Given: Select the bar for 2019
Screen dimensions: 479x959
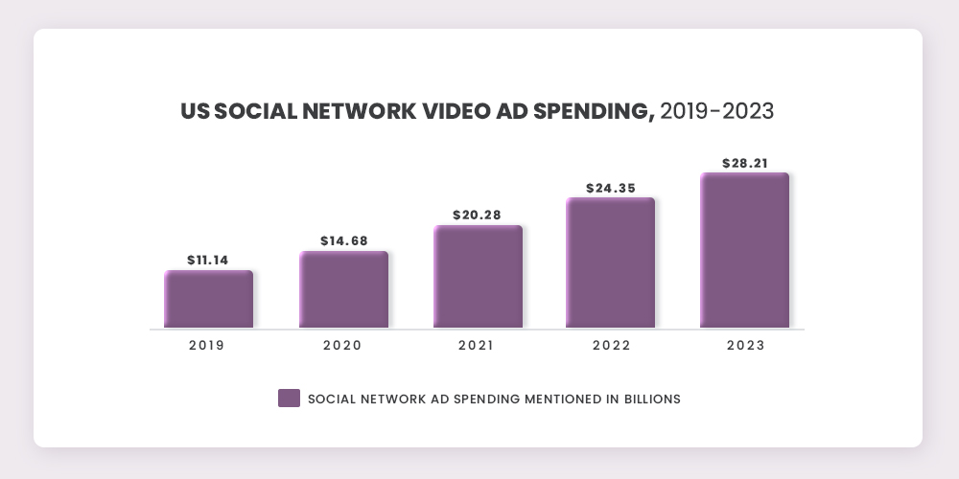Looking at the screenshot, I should pos(208,299).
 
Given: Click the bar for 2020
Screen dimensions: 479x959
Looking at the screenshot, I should pos(343,289).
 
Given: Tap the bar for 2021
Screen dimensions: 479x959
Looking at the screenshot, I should pos(478,277).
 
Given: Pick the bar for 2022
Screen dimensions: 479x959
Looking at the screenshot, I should pos(610,262).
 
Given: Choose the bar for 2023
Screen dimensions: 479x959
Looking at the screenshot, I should pos(744,250).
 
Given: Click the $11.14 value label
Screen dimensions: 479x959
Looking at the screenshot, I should pos(208,260).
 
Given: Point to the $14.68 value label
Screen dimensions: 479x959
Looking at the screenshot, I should pos(343,240).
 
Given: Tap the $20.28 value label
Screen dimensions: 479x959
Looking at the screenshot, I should pos(478,215).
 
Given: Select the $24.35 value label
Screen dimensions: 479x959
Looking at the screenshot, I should pos(611,188).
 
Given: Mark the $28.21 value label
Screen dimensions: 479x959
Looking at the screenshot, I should pos(745,163).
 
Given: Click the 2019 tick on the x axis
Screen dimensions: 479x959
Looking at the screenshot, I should pos(207,346).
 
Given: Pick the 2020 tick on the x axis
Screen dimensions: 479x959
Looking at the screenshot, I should pos(342,346).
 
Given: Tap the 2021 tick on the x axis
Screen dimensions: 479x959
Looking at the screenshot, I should pos(477,346).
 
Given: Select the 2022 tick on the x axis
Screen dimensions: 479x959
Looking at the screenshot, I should pos(611,346).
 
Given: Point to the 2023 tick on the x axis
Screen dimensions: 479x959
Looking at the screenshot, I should pos(745,346).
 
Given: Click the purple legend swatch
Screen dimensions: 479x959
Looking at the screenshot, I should pos(289,399).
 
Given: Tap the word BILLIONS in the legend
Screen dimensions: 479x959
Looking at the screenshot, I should pos(647,399).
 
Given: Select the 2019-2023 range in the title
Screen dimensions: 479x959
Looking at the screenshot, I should pos(717,111).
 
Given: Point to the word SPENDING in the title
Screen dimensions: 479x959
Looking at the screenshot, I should pos(587,111).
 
